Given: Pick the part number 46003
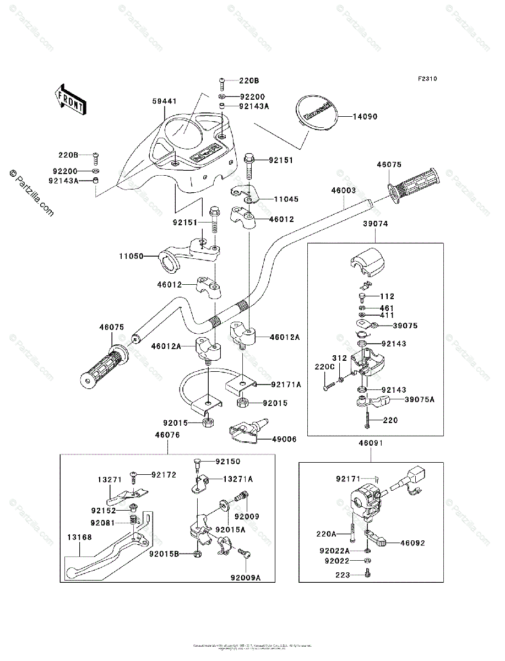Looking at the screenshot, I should (x=343, y=190).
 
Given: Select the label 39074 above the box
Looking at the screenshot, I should (x=376, y=225).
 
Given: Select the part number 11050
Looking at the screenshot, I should (x=131, y=256).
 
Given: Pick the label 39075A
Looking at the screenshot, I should (x=420, y=399).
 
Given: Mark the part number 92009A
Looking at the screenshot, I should (x=246, y=578).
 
